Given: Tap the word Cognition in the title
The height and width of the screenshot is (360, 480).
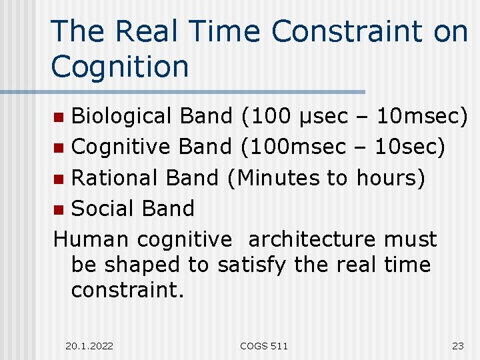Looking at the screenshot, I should pyautogui.click(x=120, y=67).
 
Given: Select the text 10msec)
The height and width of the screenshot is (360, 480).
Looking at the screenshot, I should pyautogui.click(x=422, y=116).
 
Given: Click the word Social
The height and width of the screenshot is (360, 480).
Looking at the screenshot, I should pyautogui.click(x=101, y=208).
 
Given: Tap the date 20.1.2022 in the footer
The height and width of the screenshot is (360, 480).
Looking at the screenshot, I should pyautogui.click(x=90, y=345).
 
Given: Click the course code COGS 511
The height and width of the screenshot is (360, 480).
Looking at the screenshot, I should pyautogui.click(x=264, y=345).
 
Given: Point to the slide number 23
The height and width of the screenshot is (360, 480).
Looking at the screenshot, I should pyautogui.click(x=457, y=345).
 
